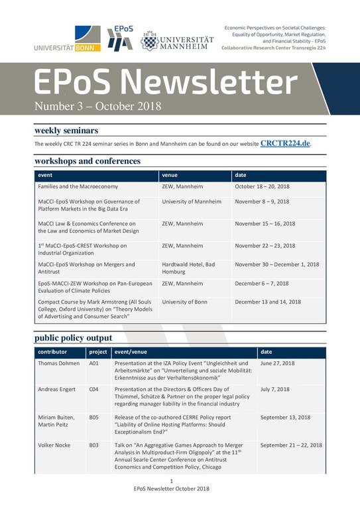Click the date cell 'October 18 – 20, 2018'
pos(263,187)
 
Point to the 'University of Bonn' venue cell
pos(184,302)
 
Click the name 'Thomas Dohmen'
pos(58,363)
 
